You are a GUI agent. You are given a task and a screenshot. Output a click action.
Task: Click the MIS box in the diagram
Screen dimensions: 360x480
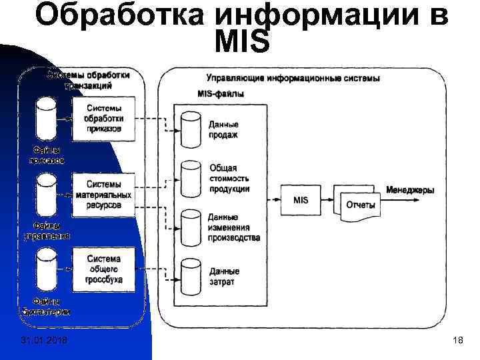301,199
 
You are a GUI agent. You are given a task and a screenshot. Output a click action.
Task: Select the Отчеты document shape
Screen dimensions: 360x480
361,204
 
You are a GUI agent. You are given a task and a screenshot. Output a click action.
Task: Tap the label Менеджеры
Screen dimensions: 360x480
409,190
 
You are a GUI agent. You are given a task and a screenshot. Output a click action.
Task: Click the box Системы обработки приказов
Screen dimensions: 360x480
103,118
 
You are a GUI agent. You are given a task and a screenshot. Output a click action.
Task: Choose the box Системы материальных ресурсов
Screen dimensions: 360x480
103,194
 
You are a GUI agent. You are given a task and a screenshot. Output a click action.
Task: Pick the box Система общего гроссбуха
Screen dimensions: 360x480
103,269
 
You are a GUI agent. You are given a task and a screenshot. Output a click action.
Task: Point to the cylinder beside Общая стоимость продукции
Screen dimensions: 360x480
191,177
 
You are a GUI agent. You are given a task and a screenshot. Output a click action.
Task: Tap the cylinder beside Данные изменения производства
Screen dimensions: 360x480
191,226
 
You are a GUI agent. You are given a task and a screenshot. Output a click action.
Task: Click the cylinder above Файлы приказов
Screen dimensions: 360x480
46,117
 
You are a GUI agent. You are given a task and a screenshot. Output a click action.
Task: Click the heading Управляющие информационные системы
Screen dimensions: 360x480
293,78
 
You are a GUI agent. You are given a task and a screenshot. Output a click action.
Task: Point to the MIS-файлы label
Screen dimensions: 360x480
221,94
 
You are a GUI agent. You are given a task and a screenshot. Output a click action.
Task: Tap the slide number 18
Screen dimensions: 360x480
457,342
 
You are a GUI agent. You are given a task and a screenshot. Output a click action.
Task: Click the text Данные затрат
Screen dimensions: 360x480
224,277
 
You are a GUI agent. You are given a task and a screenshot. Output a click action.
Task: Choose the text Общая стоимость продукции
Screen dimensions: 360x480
229,179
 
